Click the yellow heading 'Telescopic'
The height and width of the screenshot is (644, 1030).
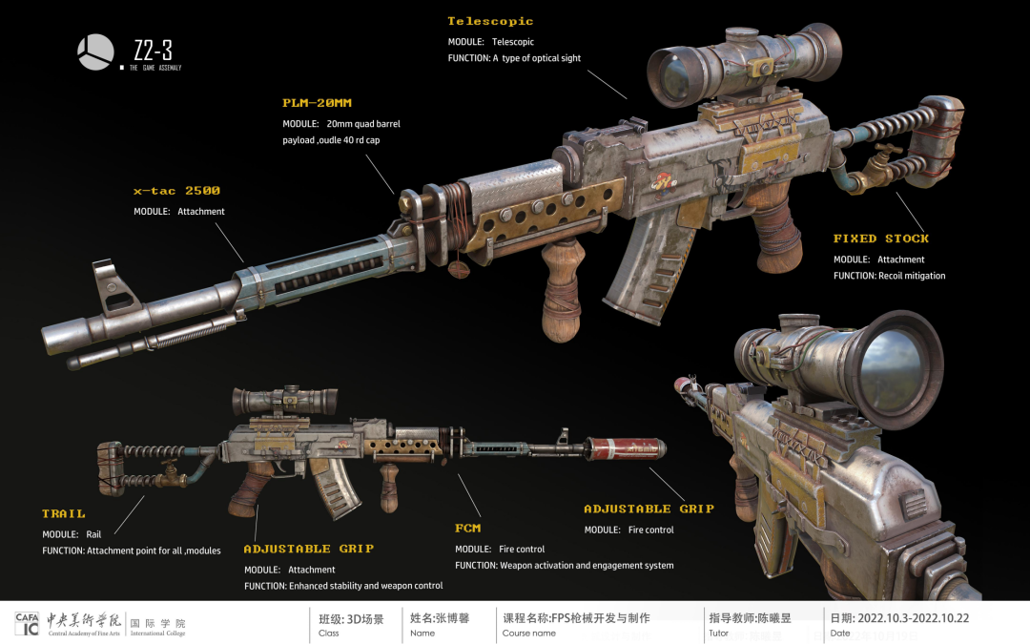point(490,21)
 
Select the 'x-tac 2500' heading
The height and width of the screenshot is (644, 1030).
point(176,191)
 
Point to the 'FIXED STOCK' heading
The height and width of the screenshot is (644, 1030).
point(880,239)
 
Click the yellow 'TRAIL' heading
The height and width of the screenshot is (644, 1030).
point(63,513)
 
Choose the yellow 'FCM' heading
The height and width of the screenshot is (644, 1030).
point(467,528)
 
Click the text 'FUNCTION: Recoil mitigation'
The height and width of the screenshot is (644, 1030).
point(889,276)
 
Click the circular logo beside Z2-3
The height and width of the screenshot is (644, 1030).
point(94,52)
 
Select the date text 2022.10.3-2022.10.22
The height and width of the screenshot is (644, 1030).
point(913,618)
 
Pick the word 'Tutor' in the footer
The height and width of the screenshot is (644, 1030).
point(719,634)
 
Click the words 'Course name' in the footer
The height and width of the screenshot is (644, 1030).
point(529,634)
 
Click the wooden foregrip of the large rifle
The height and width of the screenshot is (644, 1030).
point(563,296)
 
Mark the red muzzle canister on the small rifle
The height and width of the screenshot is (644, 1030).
point(626,448)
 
